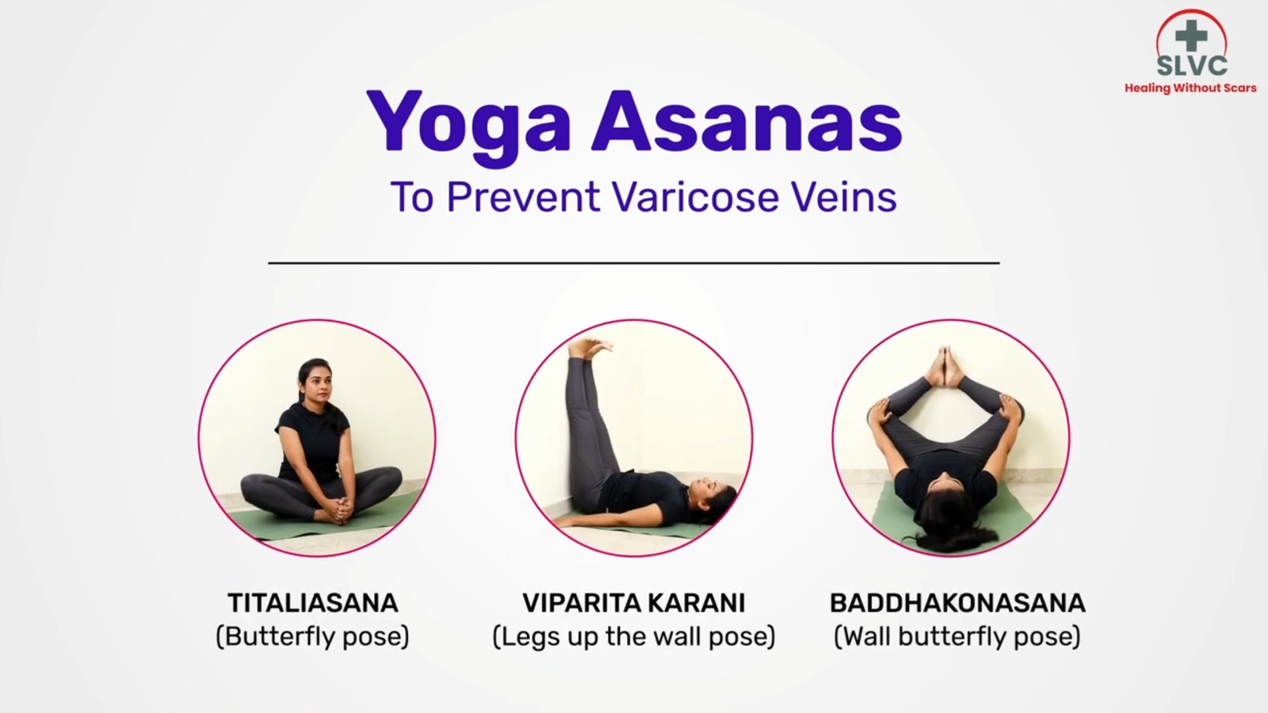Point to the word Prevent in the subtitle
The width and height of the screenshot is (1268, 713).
[x=523, y=196]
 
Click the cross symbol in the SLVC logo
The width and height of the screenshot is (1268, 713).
[x=1190, y=36]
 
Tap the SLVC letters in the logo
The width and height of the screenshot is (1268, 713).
[x=1191, y=66]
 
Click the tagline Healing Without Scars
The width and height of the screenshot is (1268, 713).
[x=1190, y=88]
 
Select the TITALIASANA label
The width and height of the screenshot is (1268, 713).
[x=313, y=603]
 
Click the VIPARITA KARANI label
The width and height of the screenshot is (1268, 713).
[x=633, y=603]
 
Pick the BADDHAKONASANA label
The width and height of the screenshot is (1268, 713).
[x=957, y=603]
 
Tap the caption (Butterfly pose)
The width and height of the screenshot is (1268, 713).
[x=313, y=636]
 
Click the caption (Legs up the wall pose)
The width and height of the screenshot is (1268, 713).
[x=633, y=636]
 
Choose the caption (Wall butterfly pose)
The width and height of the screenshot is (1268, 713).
[x=957, y=636]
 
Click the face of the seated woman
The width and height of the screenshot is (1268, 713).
[x=314, y=387]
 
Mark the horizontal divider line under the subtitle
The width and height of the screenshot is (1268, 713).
[x=633, y=262]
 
